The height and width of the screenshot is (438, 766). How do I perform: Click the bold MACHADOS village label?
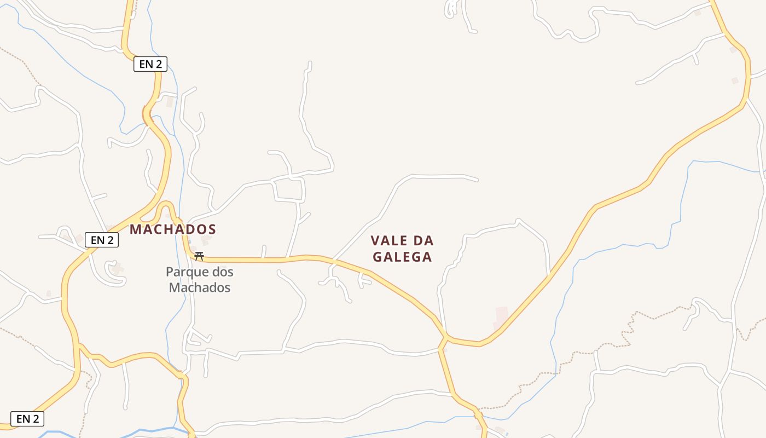click(173, 229)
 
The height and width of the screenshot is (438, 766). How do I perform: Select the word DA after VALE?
click(423, 241)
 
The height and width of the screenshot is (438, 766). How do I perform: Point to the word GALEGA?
click(403, 257)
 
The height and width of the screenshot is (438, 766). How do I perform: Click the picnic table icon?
click(199, 256)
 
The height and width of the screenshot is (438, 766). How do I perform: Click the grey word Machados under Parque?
click(200, 287)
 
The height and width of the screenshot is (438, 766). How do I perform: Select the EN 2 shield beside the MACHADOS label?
click(102, 240)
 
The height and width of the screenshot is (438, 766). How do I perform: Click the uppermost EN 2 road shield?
click(150, 64)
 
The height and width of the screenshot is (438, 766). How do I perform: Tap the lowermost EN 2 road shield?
click(27, 419)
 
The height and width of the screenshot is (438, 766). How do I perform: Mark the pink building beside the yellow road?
click(501, 316)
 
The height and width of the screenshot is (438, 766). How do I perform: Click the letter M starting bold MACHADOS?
click(135, 229)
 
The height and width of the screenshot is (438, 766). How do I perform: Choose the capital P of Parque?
click(170, 272)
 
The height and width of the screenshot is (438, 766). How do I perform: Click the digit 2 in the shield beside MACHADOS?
click(111, 240)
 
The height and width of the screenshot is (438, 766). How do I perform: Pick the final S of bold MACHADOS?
click(212, 229)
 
